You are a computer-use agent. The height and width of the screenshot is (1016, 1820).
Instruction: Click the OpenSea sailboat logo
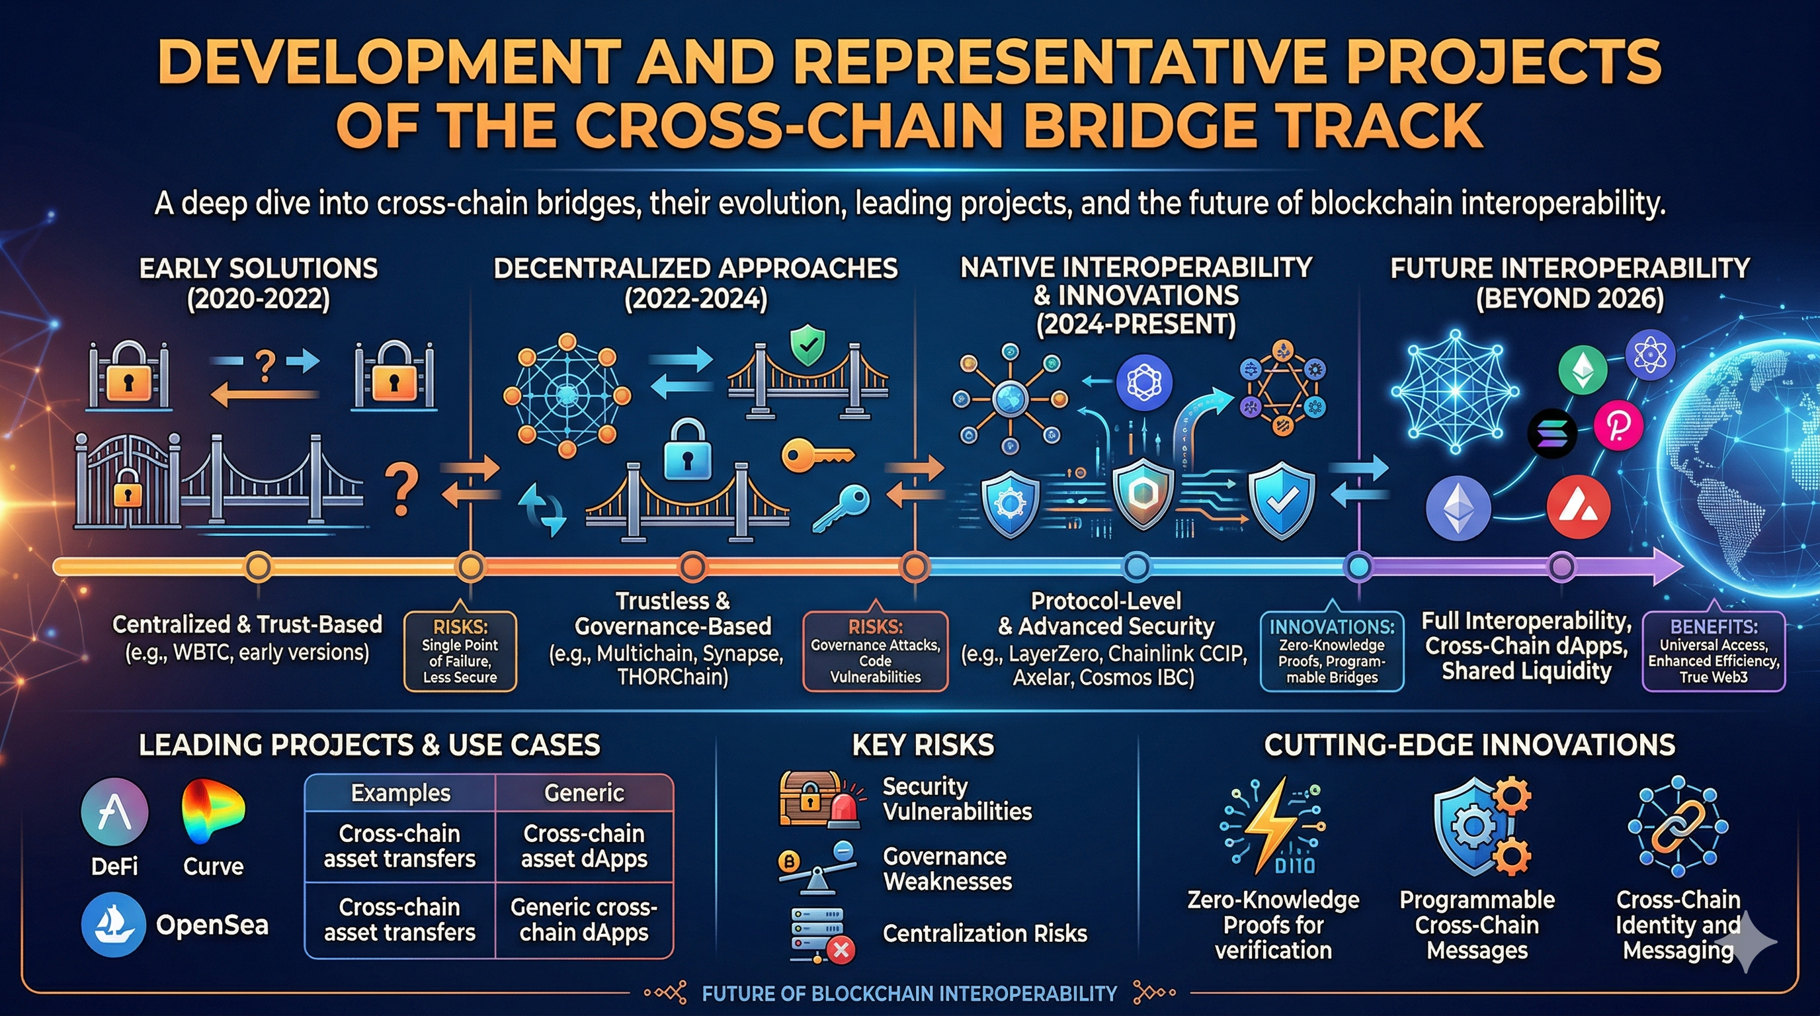[113, 924]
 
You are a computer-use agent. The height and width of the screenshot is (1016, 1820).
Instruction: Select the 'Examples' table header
[400, 792]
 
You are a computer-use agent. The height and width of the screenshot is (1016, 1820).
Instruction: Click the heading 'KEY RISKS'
[923, 745]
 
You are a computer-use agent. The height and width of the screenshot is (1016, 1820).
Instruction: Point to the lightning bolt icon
[1272, 824]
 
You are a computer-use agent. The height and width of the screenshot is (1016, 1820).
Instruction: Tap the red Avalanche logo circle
[1578, 507]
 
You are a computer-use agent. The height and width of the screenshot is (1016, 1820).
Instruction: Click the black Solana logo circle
[1551, 433]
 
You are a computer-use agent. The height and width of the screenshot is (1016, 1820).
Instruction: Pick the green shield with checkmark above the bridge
[807, 345]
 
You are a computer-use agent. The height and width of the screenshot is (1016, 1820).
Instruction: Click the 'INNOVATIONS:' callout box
[1331, 651]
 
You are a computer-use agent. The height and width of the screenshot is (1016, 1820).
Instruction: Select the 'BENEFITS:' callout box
[1713, 651]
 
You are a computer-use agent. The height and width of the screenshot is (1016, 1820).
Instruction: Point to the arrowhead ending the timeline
[1669, 566]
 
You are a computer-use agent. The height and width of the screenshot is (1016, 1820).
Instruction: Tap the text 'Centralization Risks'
[984, 933]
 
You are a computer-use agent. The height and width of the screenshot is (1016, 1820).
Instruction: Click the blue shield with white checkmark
[1281, 499]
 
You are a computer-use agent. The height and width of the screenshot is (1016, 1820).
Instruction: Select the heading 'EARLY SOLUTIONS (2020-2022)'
[258, 282]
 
